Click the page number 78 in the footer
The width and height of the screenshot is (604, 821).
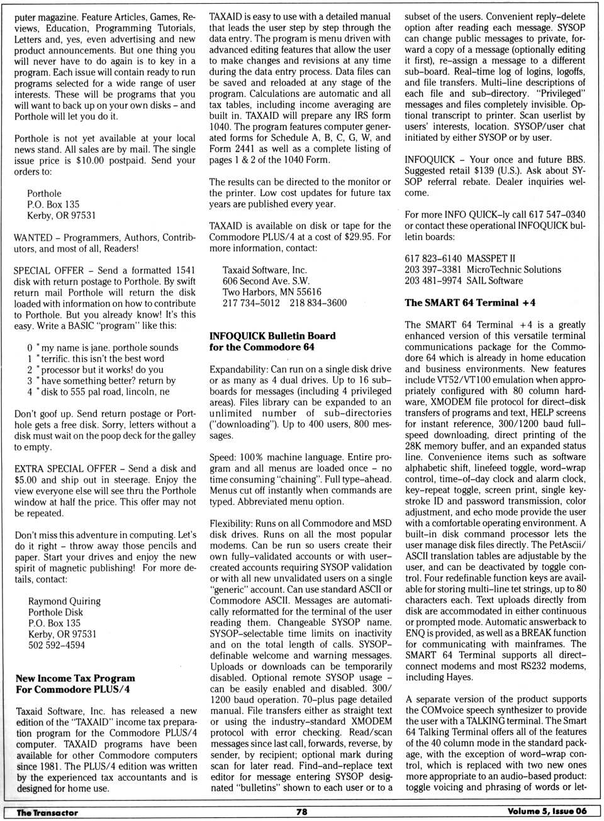point(302,812)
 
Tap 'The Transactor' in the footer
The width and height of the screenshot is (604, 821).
point(47,812)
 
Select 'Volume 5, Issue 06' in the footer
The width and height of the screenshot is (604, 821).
point(547,811)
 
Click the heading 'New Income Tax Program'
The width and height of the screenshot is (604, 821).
point(75,678)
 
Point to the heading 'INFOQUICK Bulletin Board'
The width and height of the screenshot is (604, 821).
point(272,336)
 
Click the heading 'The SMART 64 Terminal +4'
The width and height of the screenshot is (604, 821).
point(470,302)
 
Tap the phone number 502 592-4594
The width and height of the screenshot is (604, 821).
point(57,645)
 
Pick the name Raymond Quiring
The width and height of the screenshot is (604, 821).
point(64,601)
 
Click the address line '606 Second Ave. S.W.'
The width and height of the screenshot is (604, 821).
point(266,281)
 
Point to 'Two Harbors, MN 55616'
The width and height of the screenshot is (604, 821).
point(272,292)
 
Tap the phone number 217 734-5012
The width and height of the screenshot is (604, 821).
point(251,303)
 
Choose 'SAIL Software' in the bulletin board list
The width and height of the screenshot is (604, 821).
point(495,280)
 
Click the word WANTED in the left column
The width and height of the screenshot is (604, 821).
point(33,238)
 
